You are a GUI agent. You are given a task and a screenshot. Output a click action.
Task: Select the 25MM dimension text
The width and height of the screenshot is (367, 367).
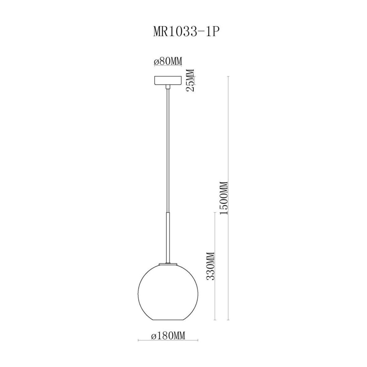pos(190,80)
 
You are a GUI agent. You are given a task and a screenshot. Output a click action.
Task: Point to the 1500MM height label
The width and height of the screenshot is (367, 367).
pos(224,198)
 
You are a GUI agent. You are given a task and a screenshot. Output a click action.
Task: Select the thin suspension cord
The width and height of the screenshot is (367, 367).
pos(168,151)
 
